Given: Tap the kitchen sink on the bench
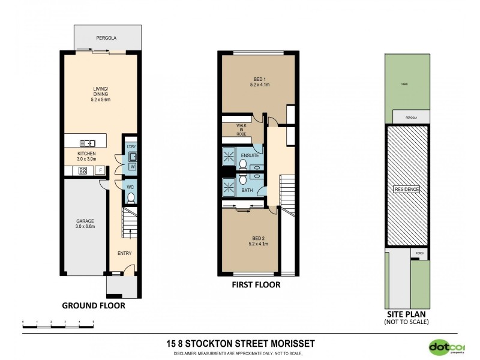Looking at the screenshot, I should [x=87, y=142].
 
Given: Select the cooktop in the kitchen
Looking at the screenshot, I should [x=83, y=170].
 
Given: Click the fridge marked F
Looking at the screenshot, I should [x=100, y=170].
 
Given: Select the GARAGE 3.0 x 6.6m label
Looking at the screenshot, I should [x=85, y=224].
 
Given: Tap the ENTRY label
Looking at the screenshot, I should [x=124, y=253].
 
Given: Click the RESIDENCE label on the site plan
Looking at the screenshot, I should [x=406, y=190].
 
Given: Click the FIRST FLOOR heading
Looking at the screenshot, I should [x=256, y=285].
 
